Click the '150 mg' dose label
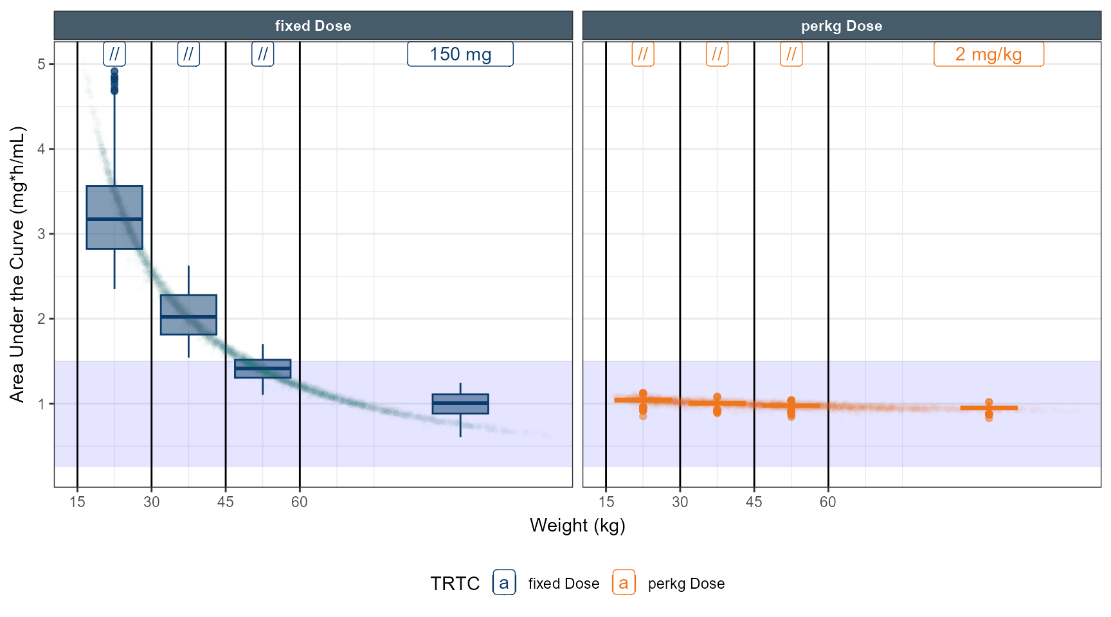(460, 55)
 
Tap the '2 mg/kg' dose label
(988, 55)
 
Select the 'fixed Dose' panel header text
(313, 26)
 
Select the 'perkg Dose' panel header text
(841, 26)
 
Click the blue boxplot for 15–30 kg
(114, 217)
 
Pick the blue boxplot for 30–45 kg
(188, 315)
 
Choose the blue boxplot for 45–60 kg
(262, 368)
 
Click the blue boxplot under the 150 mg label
(460, 404)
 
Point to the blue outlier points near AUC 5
(114, 81)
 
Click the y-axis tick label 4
(42, 149)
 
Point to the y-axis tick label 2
(42, 319)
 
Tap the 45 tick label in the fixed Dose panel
(225, 502)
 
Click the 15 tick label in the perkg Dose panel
(606, 502)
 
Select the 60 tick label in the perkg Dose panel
(827, 502)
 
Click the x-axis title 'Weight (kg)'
(577, 526)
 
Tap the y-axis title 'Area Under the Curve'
(17, 264)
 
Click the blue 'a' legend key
(504, 583)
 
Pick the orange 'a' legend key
(624, 583)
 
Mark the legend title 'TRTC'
(455, 584)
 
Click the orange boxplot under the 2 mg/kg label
(988, 408)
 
